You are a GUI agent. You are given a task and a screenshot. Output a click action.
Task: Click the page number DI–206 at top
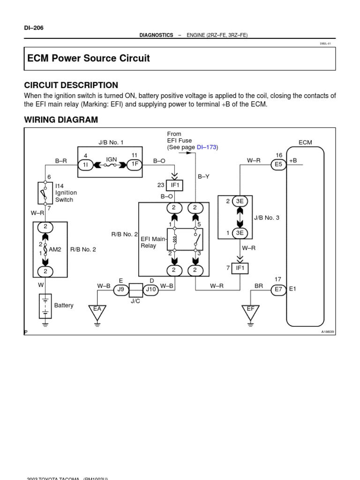34,28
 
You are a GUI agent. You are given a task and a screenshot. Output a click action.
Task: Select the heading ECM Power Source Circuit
89,59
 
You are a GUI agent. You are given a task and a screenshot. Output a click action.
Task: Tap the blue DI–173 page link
206,147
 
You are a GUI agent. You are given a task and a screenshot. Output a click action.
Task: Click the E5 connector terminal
278,165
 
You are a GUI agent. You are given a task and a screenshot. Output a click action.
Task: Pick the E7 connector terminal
278,290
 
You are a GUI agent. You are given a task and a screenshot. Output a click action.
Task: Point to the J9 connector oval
120,290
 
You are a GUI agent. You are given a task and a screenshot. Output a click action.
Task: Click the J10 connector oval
151,290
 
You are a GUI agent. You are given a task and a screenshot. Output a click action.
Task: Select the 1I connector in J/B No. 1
86,165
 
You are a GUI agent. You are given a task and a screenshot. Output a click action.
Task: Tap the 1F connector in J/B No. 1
134,165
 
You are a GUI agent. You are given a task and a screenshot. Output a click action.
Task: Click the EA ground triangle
97,310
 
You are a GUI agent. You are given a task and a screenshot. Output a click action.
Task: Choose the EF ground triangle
251,310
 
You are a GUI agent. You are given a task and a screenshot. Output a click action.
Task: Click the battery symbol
45,305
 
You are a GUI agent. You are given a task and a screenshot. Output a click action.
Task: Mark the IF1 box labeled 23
174,186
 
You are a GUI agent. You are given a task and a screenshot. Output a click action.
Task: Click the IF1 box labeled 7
240,268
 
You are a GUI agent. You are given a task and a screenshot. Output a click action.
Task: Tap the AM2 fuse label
55,249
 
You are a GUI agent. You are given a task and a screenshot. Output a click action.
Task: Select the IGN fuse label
111,159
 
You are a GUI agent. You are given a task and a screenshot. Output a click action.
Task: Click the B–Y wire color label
203,176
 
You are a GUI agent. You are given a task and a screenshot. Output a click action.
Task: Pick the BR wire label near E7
259,285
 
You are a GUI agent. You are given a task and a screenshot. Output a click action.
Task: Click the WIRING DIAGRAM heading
61,120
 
